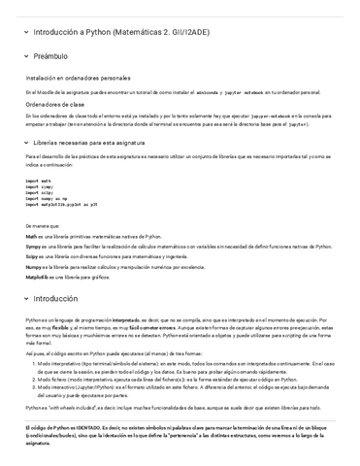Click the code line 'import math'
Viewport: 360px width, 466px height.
click(39, 181)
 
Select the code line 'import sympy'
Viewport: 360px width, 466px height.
click(40, 187)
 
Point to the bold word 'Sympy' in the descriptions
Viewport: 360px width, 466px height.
click(33, 247)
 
